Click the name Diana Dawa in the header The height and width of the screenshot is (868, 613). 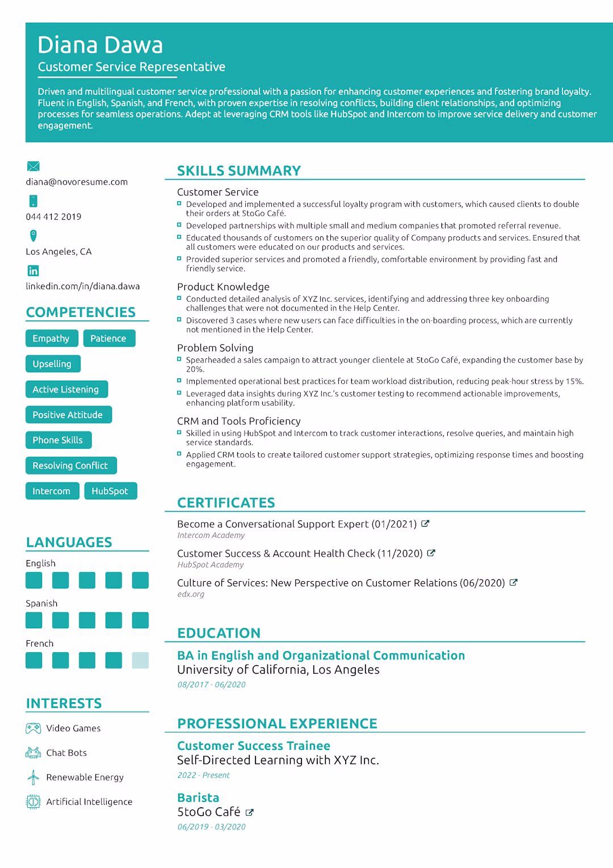click(x=100, y=45)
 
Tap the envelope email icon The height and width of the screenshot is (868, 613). click(x=33, y=166)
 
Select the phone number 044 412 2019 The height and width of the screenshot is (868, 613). click(x=53, y=216)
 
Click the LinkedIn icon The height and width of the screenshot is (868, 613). click(x=33, y=271)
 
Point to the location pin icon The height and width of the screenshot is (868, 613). click(x=33, y=235)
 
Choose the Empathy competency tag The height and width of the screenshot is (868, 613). click(x=51, y=339)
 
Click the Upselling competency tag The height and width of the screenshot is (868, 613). click(x=52, y=364)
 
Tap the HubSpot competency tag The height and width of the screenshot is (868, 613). click(x=110, y=491)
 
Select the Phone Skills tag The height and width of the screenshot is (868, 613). click(x=58, y=440)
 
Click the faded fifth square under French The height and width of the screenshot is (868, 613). click(x=140, y=660)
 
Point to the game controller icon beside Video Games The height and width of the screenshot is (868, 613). click(x=33, y=728)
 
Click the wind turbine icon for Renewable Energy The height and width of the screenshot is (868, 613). click(x=33, y=777)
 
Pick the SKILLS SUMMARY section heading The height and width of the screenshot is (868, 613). click(x=239, y=171)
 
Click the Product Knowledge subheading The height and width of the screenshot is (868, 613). click(x=223, y=287)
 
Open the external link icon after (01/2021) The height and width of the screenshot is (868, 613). click(x=425, y=524)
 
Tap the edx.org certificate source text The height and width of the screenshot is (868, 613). click(x=191, y=594)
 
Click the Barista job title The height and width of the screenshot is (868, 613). click(x=198, y=798)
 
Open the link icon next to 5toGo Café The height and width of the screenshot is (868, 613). click(x=249, y=813)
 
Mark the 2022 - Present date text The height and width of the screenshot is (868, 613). click(x=203, y=775)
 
